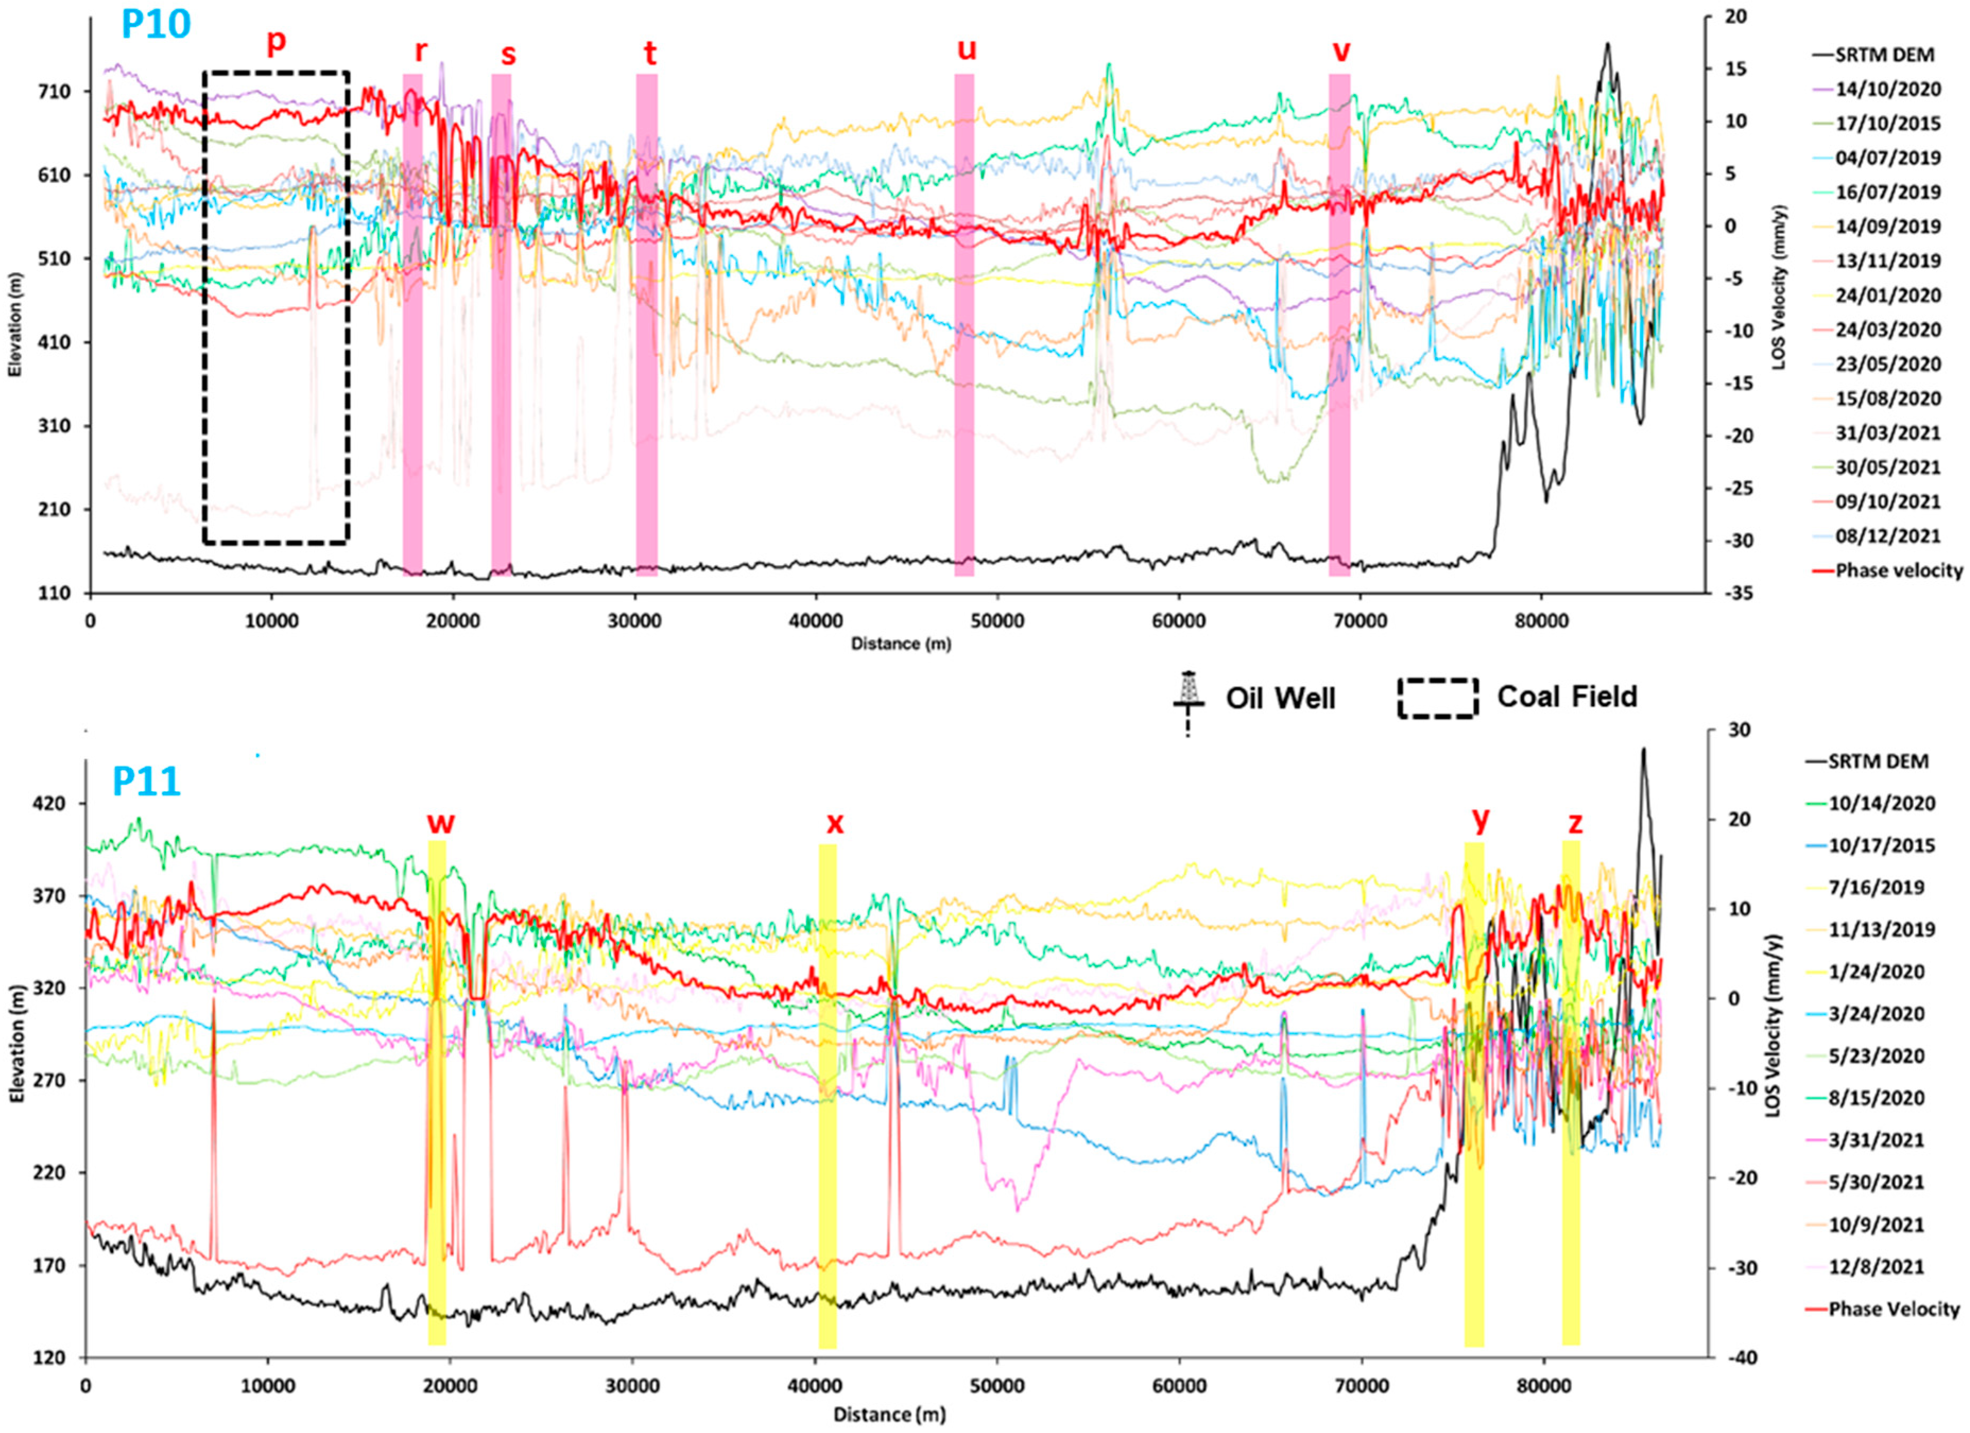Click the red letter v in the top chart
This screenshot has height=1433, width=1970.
tap(1341, 51)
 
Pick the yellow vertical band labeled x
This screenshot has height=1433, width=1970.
tap(828, 1095)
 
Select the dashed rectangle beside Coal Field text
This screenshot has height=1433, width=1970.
tap(1438, 697)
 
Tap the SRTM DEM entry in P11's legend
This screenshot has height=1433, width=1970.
tap(1878, 761)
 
